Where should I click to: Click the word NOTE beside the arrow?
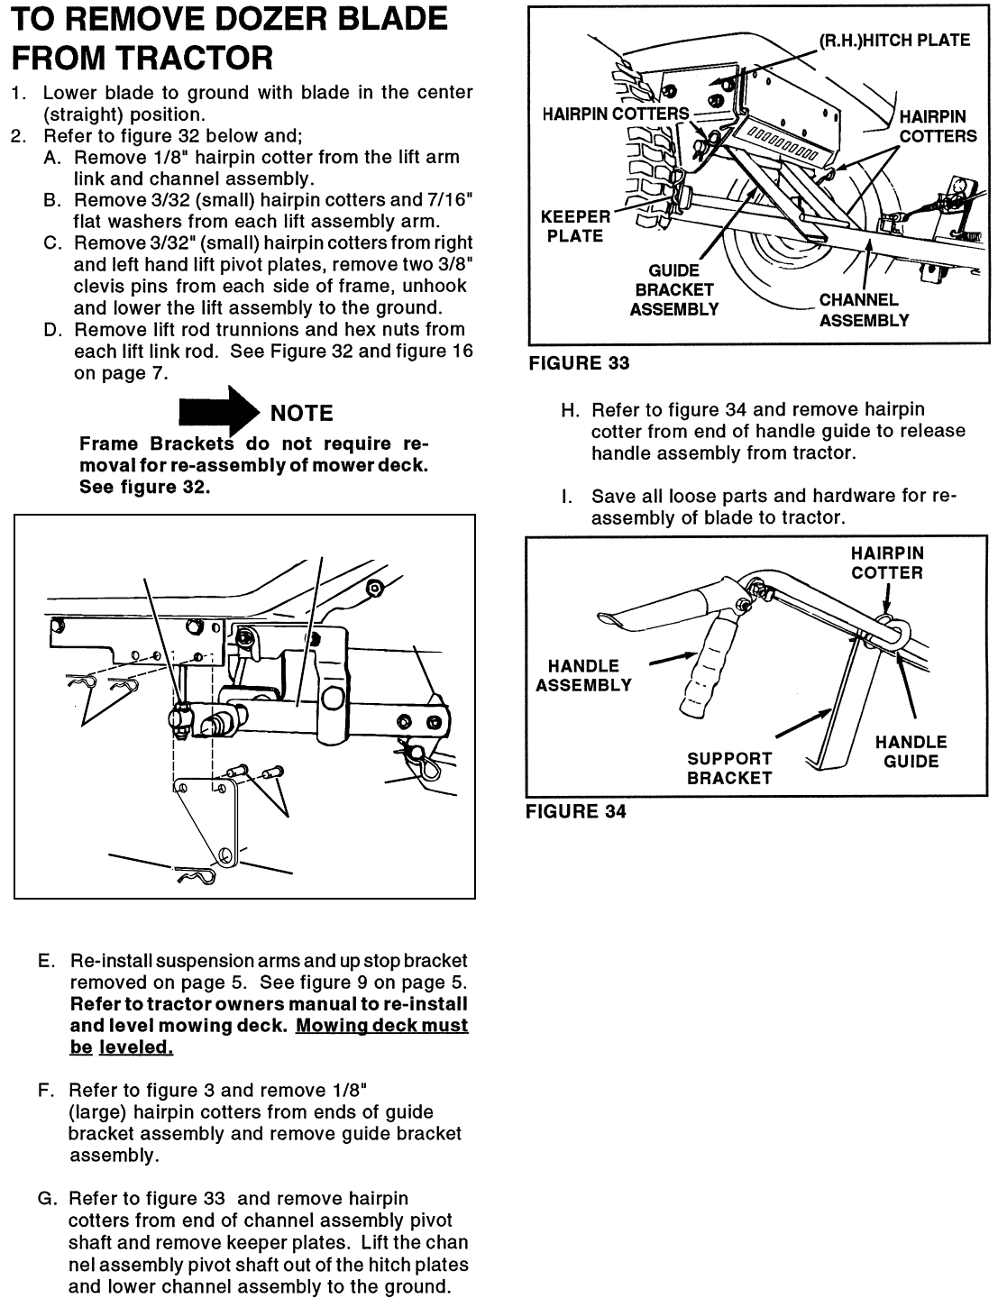[301, 414]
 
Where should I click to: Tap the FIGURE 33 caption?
[579, 363]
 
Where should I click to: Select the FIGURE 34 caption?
[576, 811]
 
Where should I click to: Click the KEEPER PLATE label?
[574, 226]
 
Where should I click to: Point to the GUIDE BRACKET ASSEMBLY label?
[673, 290]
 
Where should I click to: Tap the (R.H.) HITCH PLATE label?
[893, 41]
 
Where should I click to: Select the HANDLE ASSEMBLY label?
[583, 675]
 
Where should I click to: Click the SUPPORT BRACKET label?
[729, 768]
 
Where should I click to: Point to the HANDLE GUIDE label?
[911, 752]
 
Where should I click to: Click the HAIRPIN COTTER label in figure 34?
[887, 562]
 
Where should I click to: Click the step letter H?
[569, 410]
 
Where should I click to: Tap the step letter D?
[51, 330]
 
